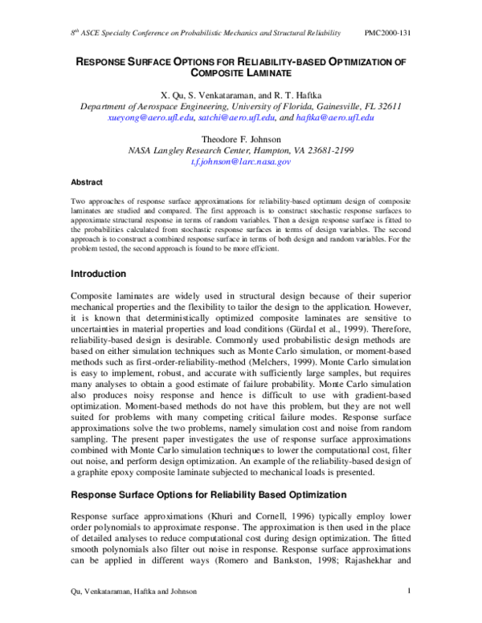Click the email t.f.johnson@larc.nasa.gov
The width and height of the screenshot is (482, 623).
240,161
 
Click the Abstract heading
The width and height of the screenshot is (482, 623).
87,182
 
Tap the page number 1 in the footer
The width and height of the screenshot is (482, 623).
410,592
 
